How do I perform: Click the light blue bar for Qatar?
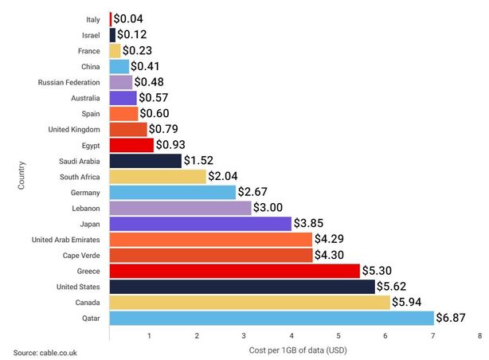pyautogui.click(x=272, y=318)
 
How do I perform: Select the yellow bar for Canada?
pyautogui.click(x=249, y=302)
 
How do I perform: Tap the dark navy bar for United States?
pyautogui.click(x=242, y=287)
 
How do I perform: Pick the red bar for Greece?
pyautogui.click(x=234, y=271)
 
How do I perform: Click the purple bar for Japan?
pyautogui.click(x=200, y=224)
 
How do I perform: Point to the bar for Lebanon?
pyautogui.click(x=180, y=208)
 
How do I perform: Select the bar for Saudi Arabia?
pyautogui.click(x=145, y=161)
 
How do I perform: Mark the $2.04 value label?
pyautogui.click(x=227, y=176)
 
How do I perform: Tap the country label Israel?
pyautogui.click(x=91, y=35)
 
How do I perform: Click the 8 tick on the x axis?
pyautogui.click(x=480, y=335)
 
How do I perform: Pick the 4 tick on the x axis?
pyautogui.click(x=291, y=335)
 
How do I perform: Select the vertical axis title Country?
pyautogui.click(x=22, y=176)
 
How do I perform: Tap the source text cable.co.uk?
pyautogui.click(x=45, y=351)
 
